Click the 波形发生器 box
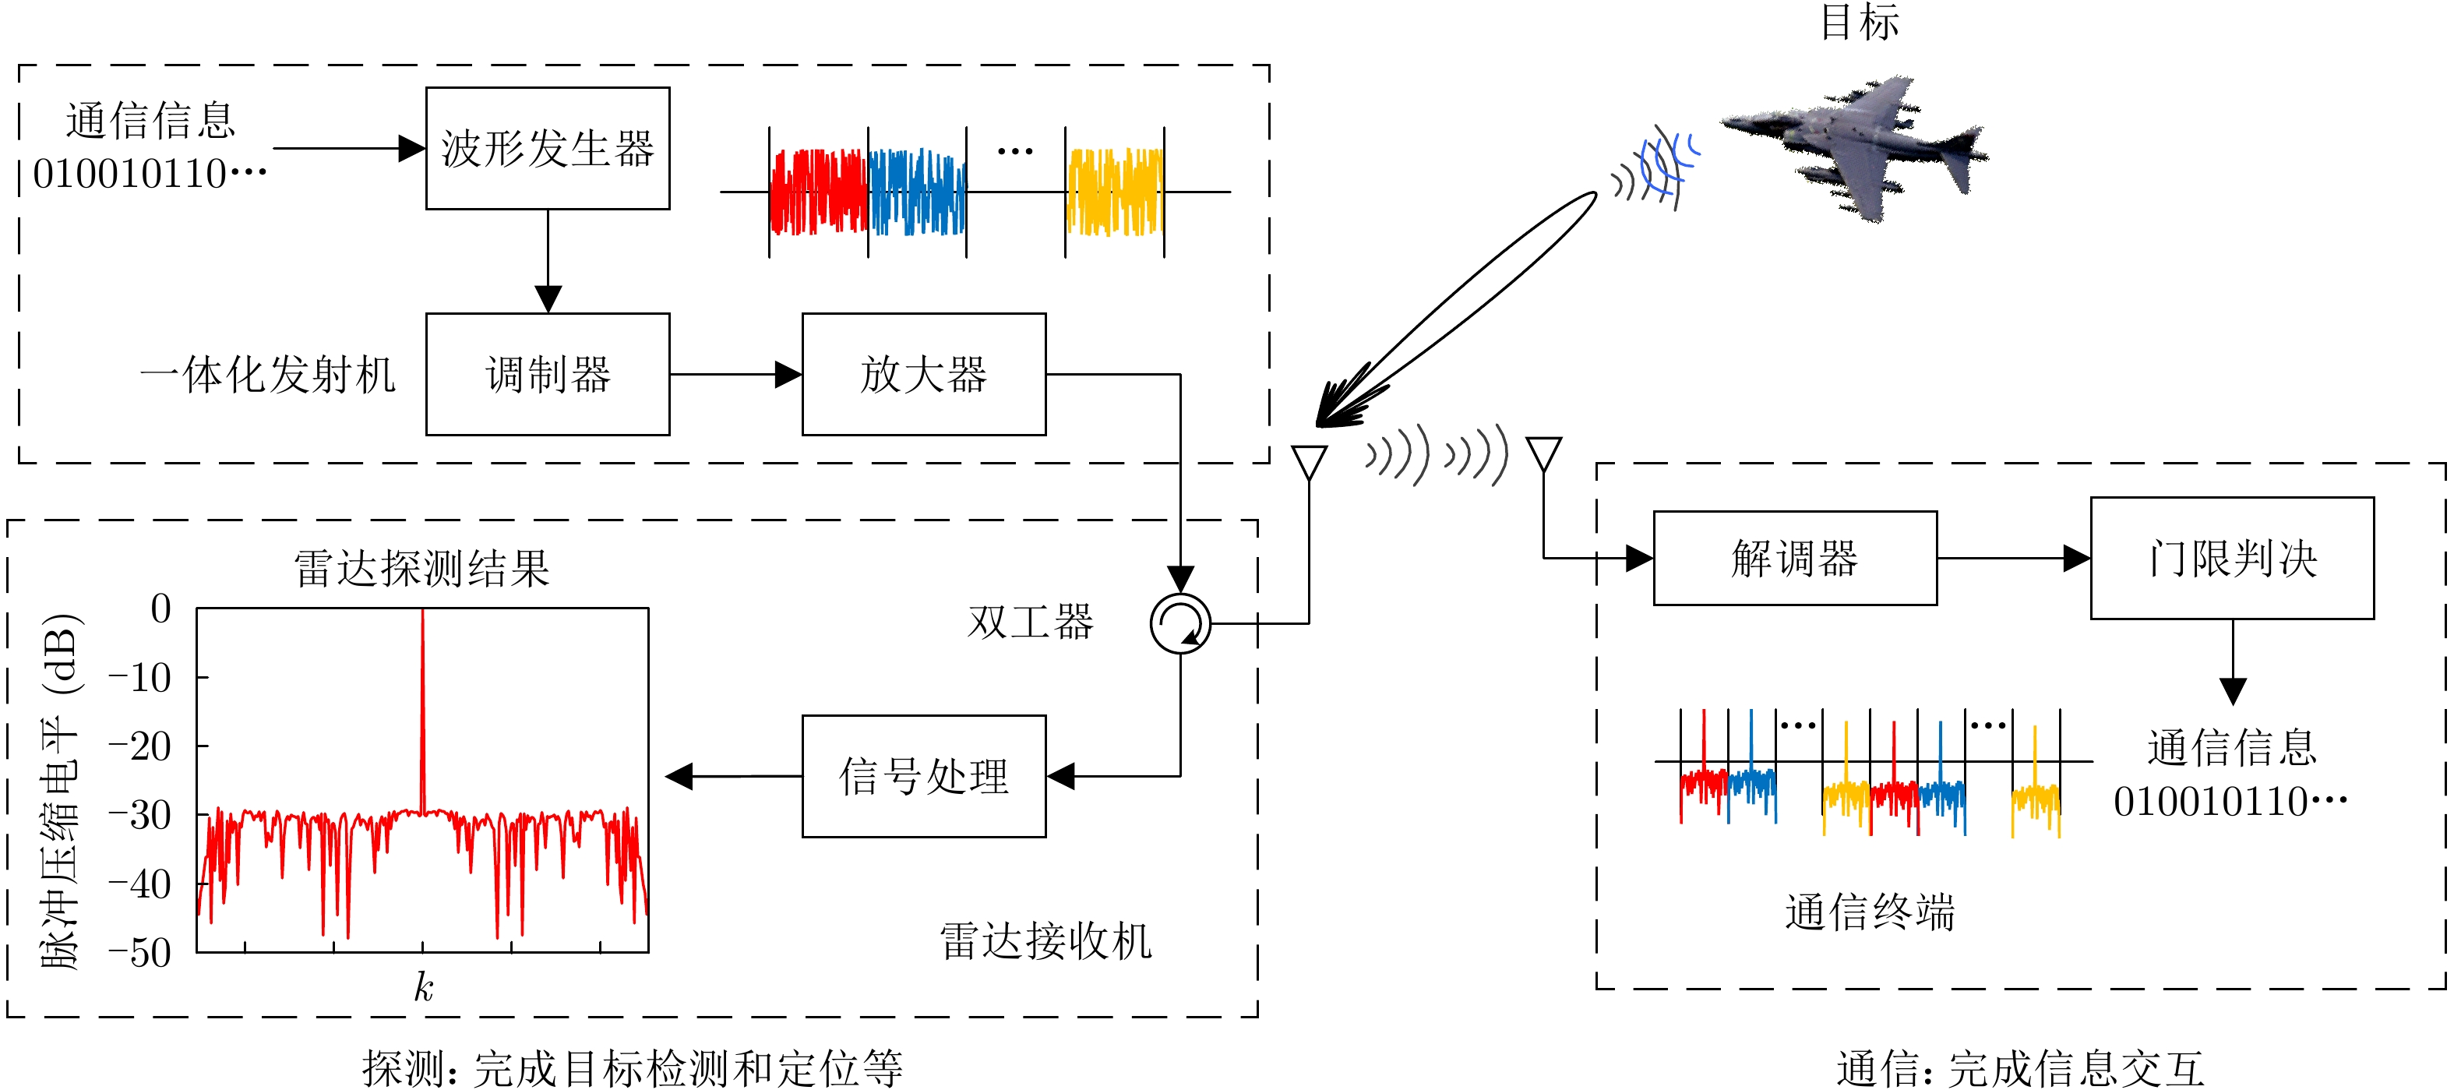click(548, 148)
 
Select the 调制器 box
click(548, 375)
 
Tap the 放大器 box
click(923, 375)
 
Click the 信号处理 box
click(923, 777)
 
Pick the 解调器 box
click(1795, 559)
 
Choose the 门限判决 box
click(2232, 559)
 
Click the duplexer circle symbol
click(1180, 624)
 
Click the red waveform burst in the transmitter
click(818, 192)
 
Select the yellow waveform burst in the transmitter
click(1115, 192)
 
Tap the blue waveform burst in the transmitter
click(918, 192)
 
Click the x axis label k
click(423, 987)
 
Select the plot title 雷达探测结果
click(422, 569)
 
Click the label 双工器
click(1031, 623)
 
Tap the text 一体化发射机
click(268, 375)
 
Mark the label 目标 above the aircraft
click(1859, 21)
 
